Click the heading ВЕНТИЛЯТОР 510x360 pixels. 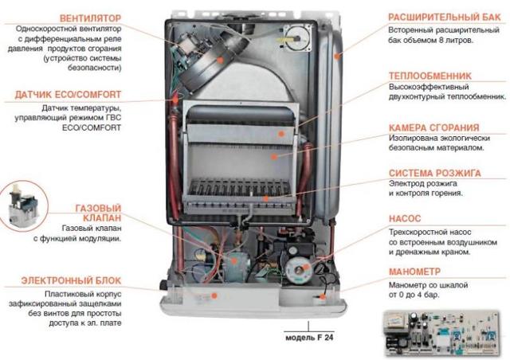(90, 18)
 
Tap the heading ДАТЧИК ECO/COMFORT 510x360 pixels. (68, 95)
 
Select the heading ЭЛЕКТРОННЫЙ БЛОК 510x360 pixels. (71, 280)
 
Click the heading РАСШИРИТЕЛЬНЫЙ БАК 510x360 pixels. (445, 18)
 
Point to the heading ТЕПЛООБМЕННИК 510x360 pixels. (430, 76)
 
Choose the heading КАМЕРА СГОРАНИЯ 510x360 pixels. (434, 127)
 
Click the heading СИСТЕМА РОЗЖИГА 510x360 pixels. (435, 173)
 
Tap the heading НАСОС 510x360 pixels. (405, 218)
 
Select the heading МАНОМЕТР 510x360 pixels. (414, 272)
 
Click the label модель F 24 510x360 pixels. (309, 338)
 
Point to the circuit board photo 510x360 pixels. (441, 333)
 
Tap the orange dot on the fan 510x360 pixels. (220, 61)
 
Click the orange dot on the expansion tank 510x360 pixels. (337, 56)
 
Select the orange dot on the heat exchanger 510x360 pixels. (281, 134)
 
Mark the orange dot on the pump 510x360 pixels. (305, 268)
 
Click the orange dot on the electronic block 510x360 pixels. (214, 295)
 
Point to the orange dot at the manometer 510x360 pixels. (322, 296)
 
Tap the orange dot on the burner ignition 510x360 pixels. (266, 198)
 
